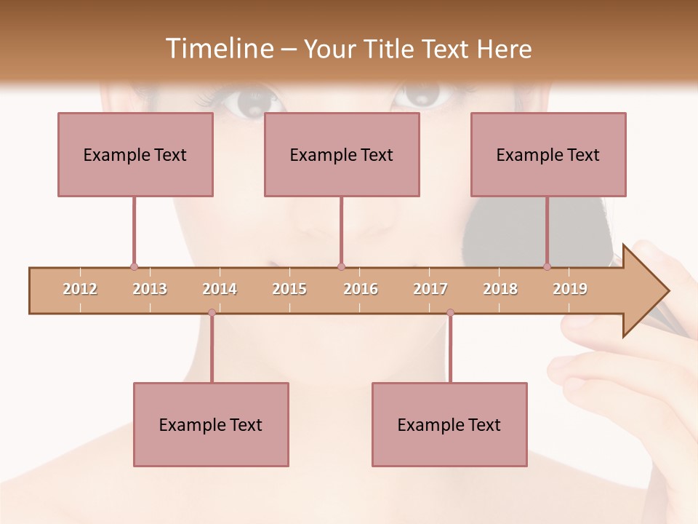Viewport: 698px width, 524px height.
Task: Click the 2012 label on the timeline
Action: pyautogui.click(x=80, y=289)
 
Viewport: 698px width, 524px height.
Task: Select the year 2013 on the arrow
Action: pyautogui.click(x=150, y=289)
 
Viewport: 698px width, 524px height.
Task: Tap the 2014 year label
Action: pyautogui.click(x=220, y=289)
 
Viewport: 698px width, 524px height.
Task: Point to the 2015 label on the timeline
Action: pyautogui.click(x=289, y=289)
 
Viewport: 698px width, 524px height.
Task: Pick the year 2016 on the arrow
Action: pyautogui.click(x=361, y=289)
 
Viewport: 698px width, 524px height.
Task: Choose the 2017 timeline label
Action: pyautogui.click(x=430, y=289)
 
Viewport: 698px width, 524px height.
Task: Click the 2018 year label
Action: pyautogui.click(x=500, y=289)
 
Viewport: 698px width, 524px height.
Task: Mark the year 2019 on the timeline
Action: pyautogui.click(x=570, y=289)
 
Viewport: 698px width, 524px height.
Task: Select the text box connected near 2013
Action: pyautogui.click(x=135, y=154)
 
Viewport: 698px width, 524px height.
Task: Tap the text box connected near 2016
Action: pyautogui.click(x=342, y=154)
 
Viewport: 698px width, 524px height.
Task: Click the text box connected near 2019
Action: pyautogui.click(x=548, y=154)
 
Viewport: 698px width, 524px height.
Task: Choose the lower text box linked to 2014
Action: pyautogui.click(x=211, y=424)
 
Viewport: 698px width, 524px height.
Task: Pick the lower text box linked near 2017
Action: pyautogui.click(x=449, y=424)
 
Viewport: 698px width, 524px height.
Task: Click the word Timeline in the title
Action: pyautogui.click(x=218, y=49)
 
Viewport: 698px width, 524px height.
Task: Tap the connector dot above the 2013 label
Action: pyautogui.click(x=134, y=267)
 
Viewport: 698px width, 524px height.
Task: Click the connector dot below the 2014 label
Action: pyautogui.click(x=212, y=313)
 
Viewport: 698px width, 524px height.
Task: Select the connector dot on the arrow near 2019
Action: pyautogui.click(x=547, y=267)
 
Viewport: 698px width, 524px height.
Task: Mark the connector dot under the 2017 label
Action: pyautogui.click(x=450, y=313)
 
